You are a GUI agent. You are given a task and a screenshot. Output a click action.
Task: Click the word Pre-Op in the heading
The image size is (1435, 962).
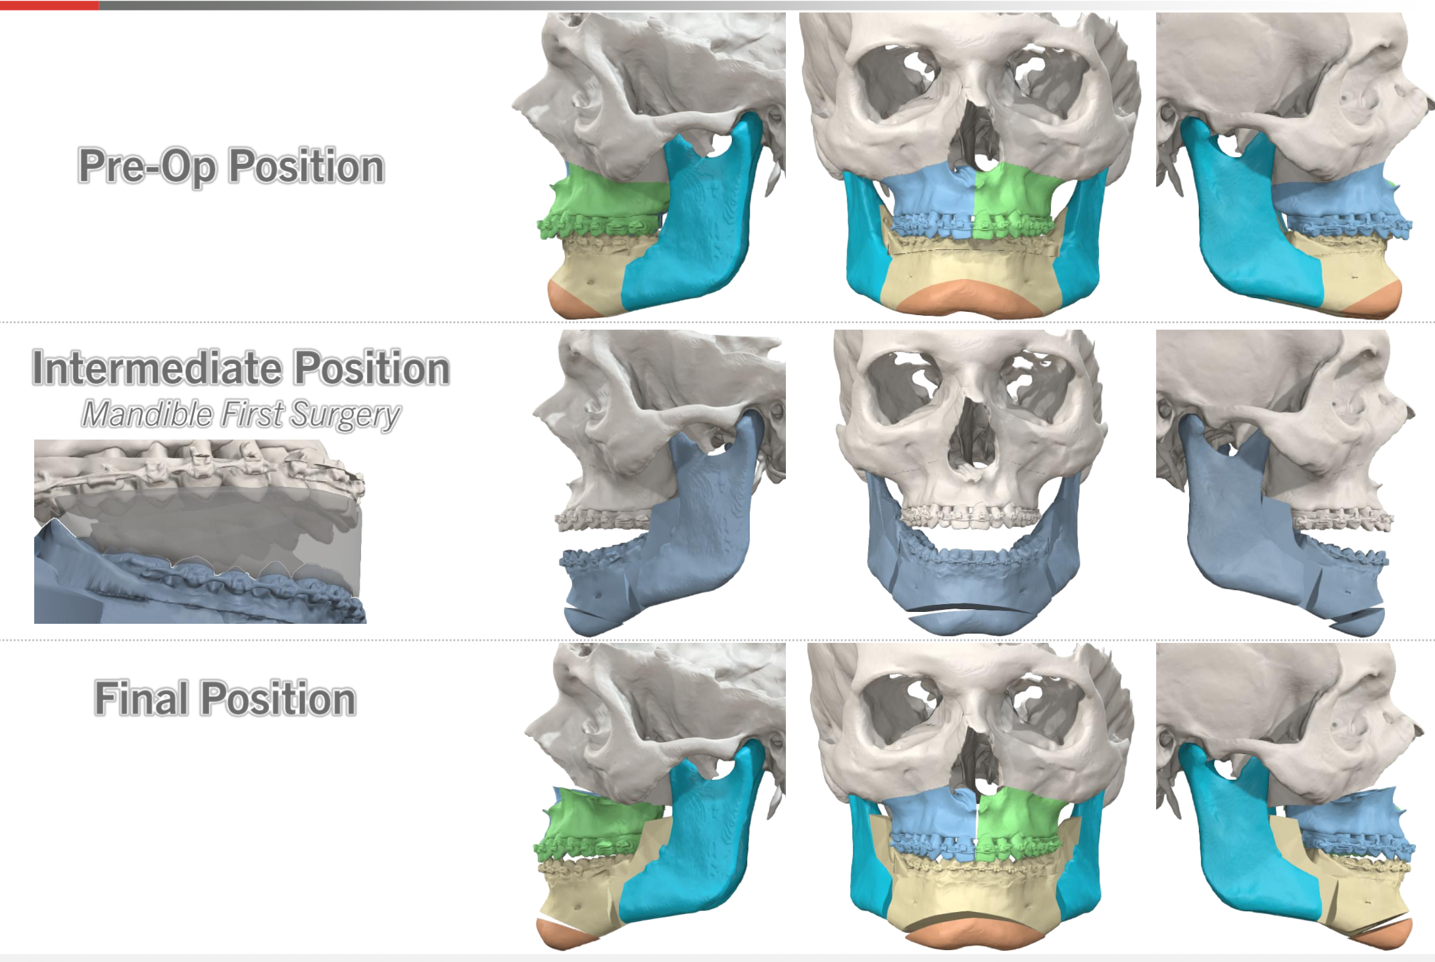coord(147,166)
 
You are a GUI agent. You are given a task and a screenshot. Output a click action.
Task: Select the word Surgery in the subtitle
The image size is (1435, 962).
coord(345,416)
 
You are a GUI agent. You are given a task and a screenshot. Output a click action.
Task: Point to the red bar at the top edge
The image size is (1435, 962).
coord(49,5)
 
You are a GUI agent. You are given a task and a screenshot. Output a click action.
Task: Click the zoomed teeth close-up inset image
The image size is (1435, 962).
coord(200,531)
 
